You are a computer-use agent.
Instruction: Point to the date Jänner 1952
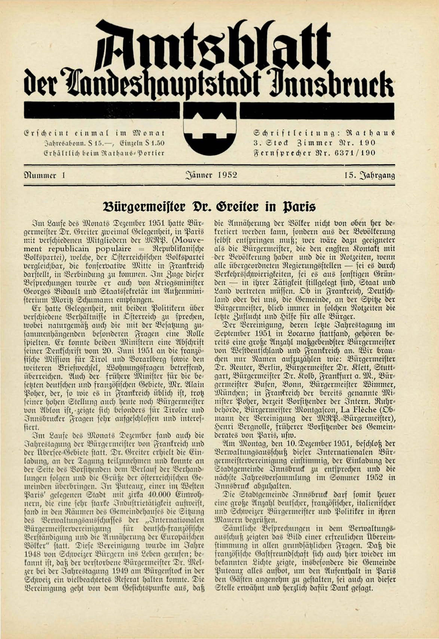click(211, 175)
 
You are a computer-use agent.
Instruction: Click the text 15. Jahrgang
click(369, 175)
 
